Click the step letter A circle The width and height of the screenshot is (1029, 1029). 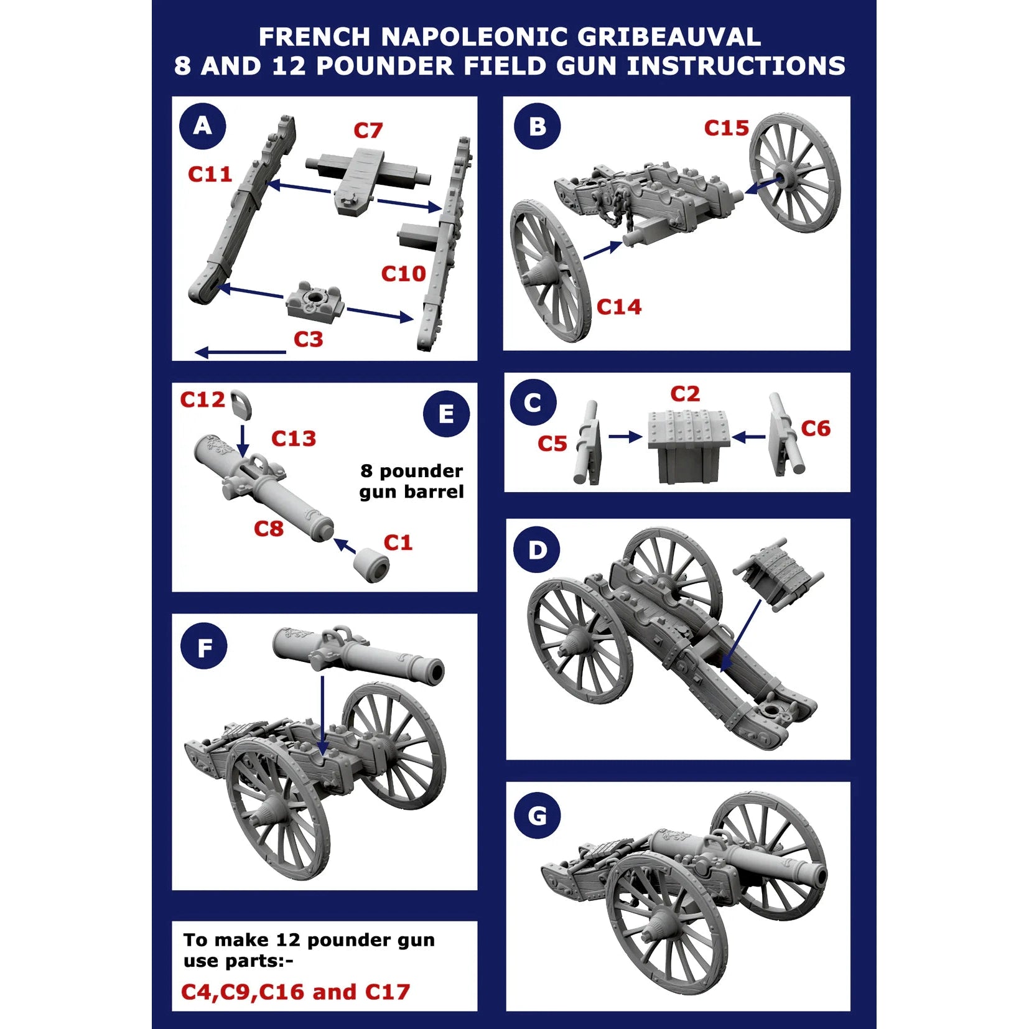coord(202,126)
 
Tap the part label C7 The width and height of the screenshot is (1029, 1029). coord(368,131)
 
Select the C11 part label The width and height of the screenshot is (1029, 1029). coord(210,174)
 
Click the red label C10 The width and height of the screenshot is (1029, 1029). coord(403,274)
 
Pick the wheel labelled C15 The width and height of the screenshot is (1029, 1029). coord(794,173)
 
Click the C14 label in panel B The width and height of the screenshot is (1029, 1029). coord(618,307)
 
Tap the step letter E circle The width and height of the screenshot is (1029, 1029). coord(446,414)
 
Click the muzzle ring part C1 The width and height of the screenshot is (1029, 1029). coord(371,564)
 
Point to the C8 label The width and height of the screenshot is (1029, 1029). coord(269,529)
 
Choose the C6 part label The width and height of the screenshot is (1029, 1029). coord(815,429)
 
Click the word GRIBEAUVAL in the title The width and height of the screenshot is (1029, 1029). coord(669,37)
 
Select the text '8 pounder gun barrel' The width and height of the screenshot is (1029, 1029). coord(411,481)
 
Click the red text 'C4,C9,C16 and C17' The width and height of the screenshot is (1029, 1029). coord(296,992)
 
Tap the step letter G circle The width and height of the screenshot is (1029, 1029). coord(537,816)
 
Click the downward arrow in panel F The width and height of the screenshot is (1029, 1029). coord(322,715)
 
